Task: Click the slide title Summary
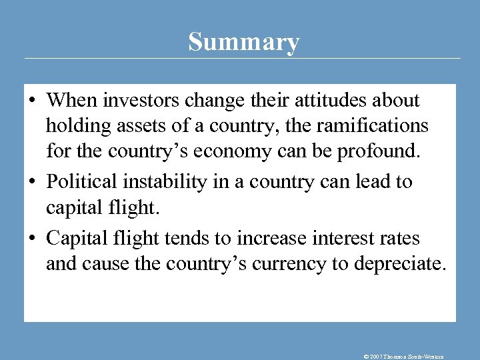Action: (243, 42)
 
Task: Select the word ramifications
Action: (367, 125)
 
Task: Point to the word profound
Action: (380, 151)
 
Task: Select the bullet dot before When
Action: (31, 101)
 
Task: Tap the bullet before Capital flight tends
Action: (31, 239)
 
